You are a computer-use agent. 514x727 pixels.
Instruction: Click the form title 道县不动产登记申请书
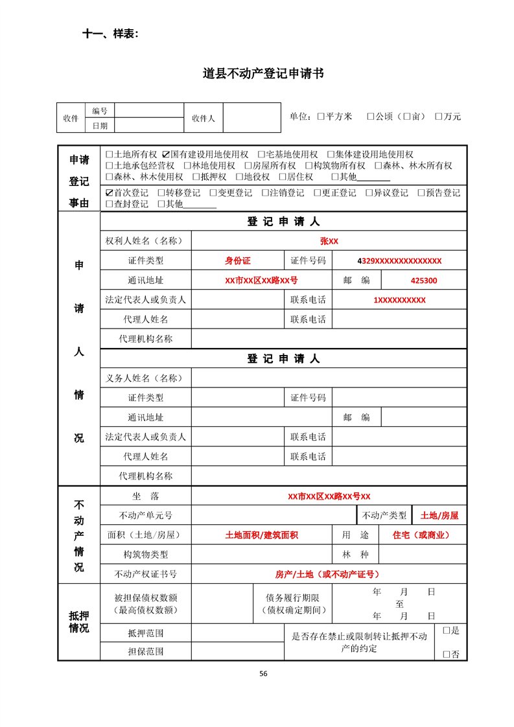click(263, 74)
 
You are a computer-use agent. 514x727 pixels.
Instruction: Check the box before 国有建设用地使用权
click(166, 155)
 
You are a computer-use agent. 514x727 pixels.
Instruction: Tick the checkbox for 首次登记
click(109, 193)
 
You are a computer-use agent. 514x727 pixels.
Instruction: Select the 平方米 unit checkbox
click(321, 117)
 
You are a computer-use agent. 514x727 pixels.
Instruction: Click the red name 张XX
click(329, 241)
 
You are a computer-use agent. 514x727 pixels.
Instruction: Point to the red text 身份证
click(237, 261)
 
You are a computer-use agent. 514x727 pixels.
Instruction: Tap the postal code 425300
click(424, 281)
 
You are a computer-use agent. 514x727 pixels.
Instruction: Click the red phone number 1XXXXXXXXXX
click(399, 301)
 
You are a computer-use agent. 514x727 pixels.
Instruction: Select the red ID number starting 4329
click(399, 261)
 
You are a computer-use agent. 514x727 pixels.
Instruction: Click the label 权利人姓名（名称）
click(146, 241)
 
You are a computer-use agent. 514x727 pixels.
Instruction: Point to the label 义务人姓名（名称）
click(146, 378)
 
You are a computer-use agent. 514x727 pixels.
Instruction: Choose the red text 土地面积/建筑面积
click(261, 536)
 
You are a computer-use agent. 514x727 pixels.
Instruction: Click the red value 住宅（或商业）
click(421, 536)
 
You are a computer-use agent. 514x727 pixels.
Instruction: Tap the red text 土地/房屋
click(439, 516)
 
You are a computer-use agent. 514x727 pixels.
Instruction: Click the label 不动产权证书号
click(146, 575)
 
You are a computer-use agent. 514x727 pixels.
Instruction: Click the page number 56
click(263, 673)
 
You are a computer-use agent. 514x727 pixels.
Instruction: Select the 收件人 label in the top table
click(204, 119)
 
